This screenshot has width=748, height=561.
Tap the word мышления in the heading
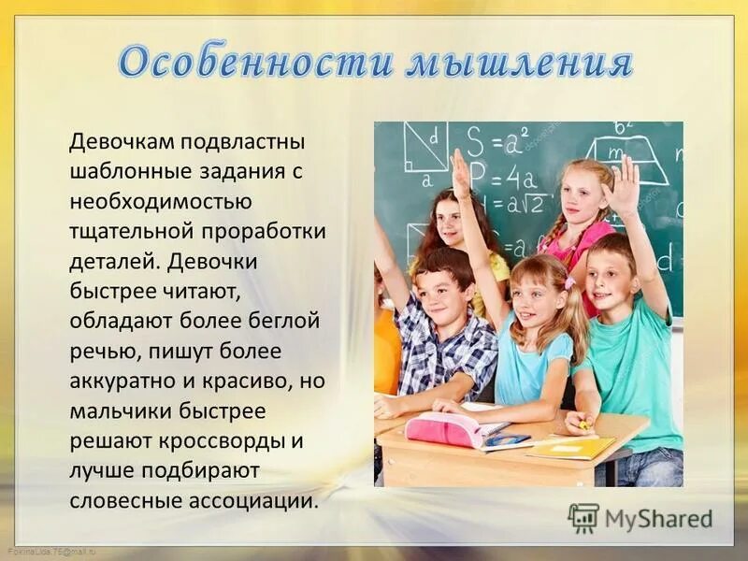pos(519,63)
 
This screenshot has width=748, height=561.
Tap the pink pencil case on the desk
pos(444,429)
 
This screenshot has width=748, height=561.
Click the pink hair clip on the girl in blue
pos(568,280)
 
